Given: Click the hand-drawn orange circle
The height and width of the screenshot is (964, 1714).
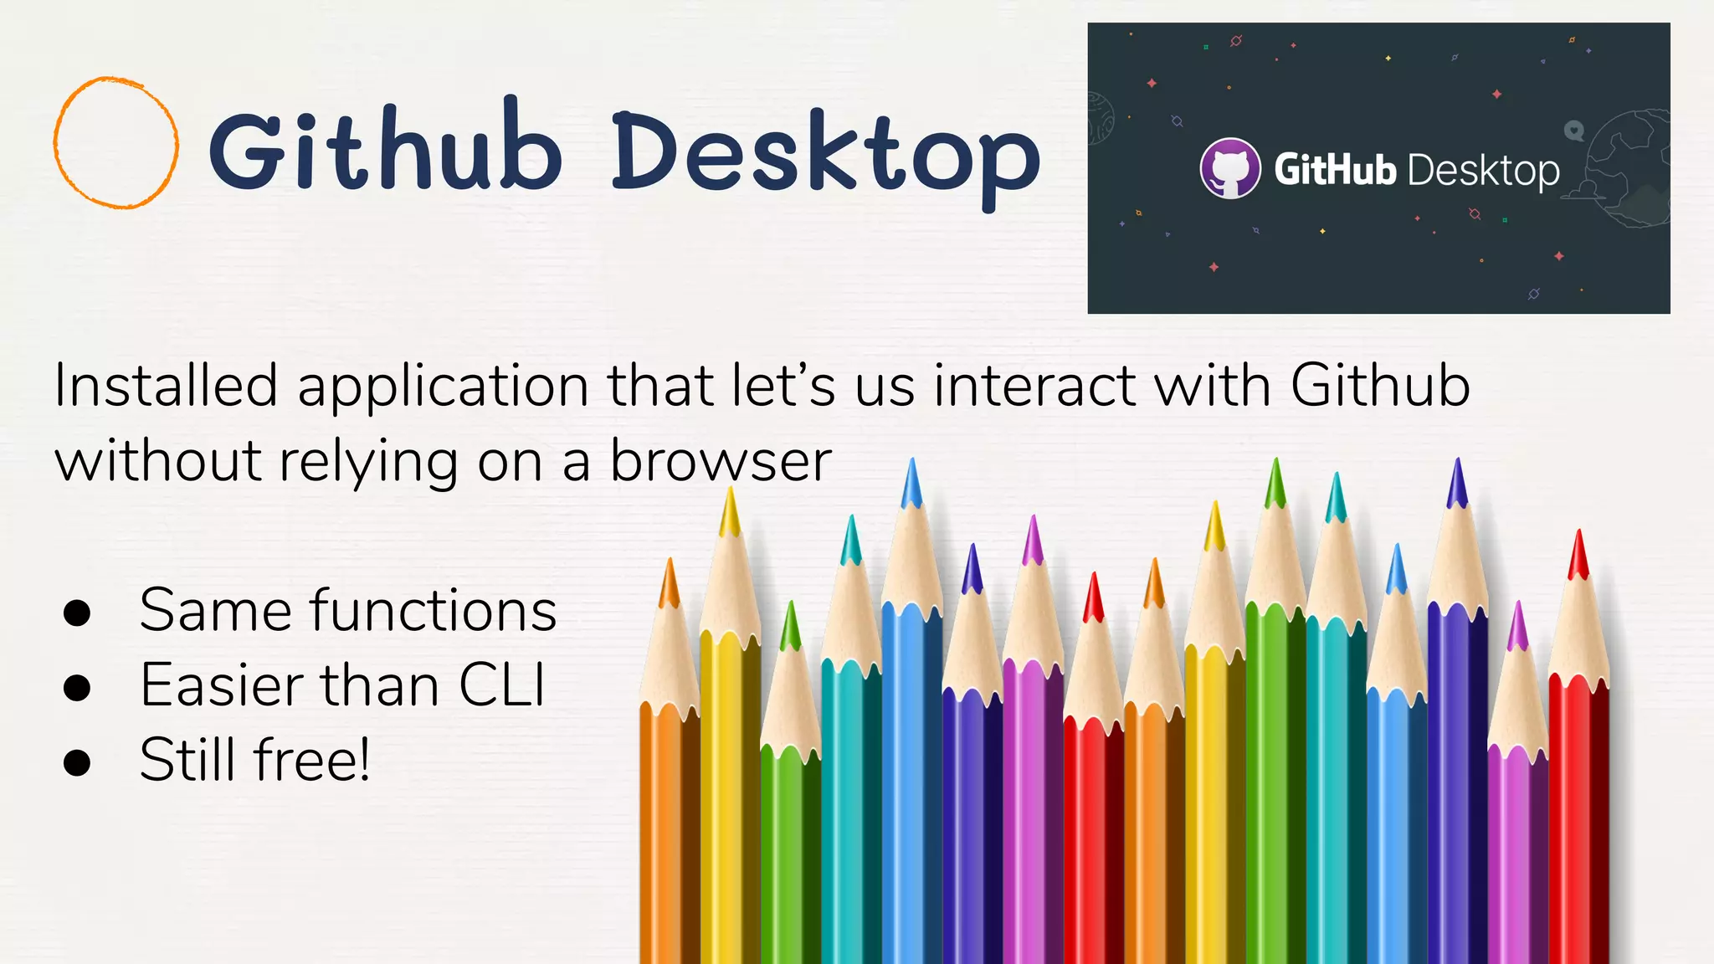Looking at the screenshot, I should pyautogui.click(x=116, y=142).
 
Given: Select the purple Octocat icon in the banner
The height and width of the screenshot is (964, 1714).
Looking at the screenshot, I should pyautogui.click(x=1229, y=168).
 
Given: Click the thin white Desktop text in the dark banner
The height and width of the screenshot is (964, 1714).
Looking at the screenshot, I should pyautogui.click(x=1483, y=172).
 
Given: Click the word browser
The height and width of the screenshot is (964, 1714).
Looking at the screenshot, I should pyautogui.click(x=721, y=461).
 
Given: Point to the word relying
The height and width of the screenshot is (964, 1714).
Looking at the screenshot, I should pyautogui.click(x=368, y=463).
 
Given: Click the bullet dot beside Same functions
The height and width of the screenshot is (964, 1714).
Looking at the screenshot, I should pyautogui.click(x=77, y=613).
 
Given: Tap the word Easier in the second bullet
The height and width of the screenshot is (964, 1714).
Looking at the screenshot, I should pyautogui.click(x=221, y=685).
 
